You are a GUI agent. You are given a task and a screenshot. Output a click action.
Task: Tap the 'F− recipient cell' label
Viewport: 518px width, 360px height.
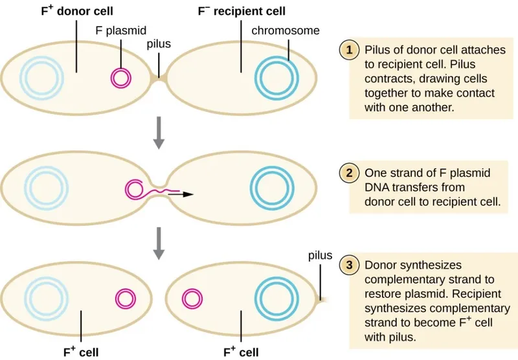pos(242,12)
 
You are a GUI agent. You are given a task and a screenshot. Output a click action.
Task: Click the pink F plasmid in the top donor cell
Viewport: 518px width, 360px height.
pos(121,78)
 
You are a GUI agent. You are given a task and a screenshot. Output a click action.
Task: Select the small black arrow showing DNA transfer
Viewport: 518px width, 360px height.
pos(187,193)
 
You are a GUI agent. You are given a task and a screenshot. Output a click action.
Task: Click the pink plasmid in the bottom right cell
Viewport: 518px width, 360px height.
pos(192,298)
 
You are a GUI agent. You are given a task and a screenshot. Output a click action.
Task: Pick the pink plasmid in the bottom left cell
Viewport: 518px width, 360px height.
pos(124,298)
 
